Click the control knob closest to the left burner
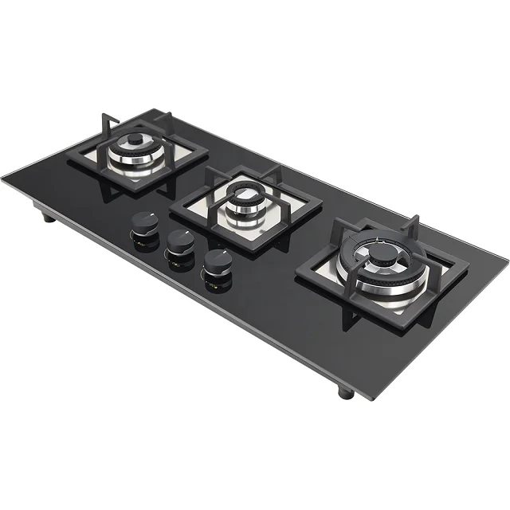144,222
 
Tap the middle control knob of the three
180,241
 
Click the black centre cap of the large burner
384,252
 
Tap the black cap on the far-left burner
136,140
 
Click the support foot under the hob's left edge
48,216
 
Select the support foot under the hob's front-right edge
345,391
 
